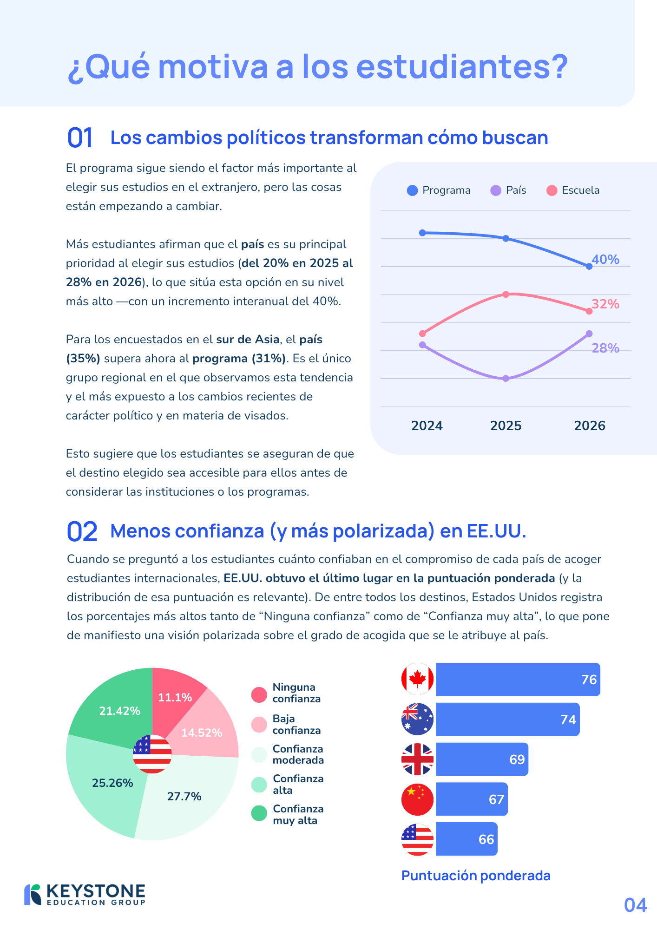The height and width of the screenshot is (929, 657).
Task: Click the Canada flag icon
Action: pyautogui.click(x=417, y=679)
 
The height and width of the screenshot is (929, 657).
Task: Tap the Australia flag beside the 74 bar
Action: pyautogui.click(x=417, y=719)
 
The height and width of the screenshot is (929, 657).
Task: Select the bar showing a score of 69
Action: pyautogui.click(x=482, y=759)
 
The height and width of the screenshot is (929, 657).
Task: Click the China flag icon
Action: pyautogui.click(x=417, y=799)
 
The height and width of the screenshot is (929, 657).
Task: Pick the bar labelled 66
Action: pyautogui.click(x=466, y=839)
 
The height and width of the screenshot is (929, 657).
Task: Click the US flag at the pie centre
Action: pyautogui.click(x=152, y=754)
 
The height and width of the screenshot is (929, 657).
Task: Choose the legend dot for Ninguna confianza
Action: pyautogui.click(x=259, y=695)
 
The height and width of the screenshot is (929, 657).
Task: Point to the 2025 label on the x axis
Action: pyautogui.click(x=506, y=425)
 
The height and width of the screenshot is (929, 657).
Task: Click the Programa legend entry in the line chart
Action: pyautogui.click(x=439, y=190)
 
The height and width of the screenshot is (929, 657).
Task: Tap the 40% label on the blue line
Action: pyautogui.click(x=605, y=259)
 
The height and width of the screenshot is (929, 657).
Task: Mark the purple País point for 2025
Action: pyautogui.click(x=506, y=379)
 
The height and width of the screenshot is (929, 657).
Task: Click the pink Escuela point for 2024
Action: pyautogui.click(x=422, y=334)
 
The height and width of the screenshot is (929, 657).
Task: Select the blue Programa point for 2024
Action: pyautogui.click(x=422, y=233)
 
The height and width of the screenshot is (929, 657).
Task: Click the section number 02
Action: pyautogui.click(x=82, y=531)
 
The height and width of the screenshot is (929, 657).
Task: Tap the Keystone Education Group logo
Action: pyautogui.click(x=85, y=895)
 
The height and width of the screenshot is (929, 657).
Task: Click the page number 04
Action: pyautogui.click(x=635, y=905)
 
